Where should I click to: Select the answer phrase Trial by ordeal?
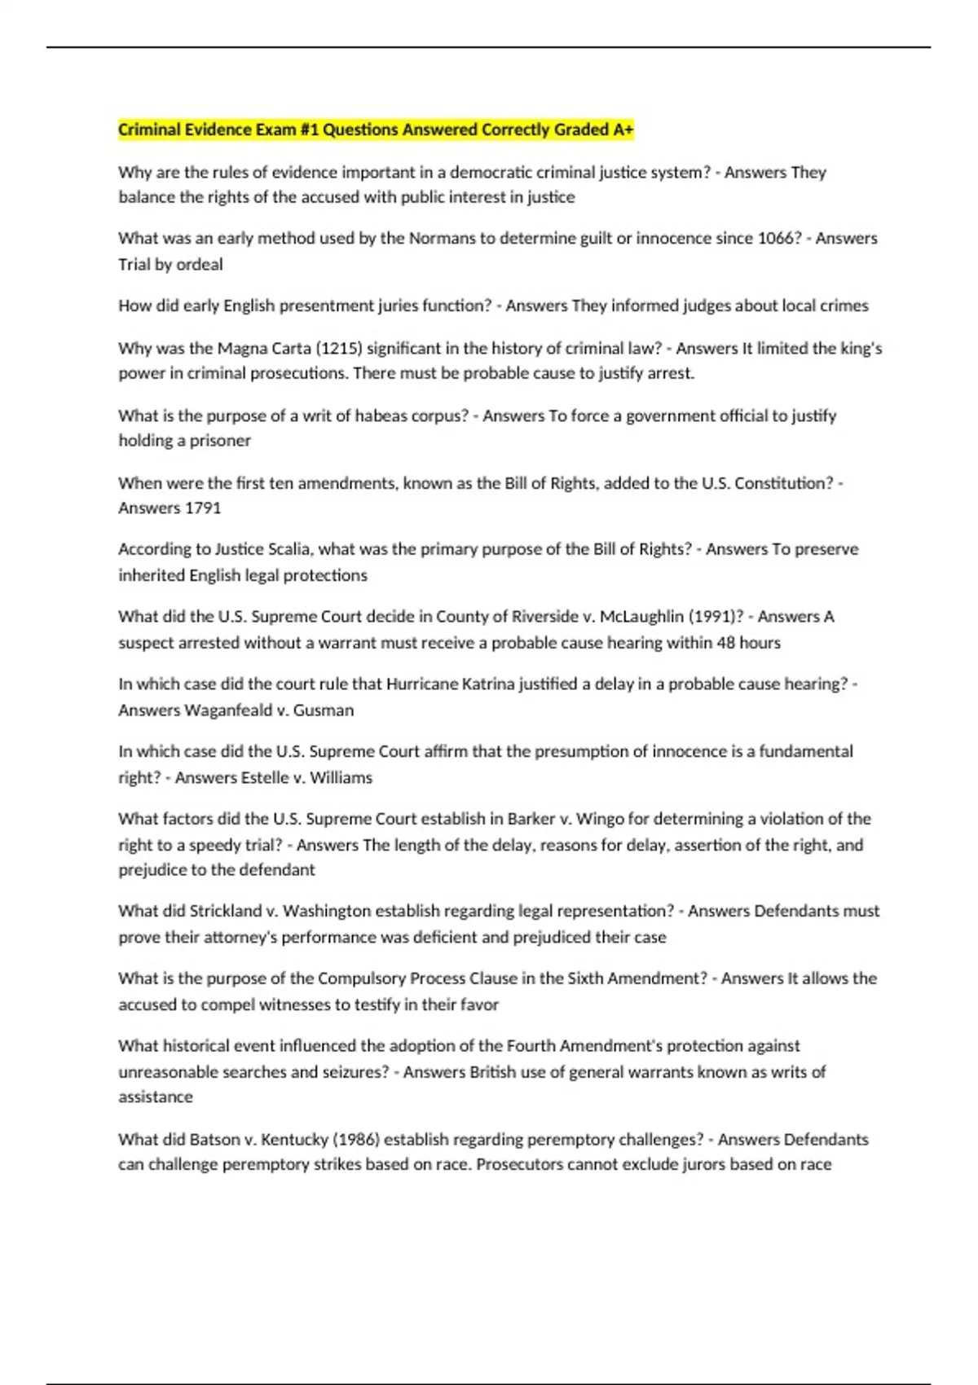(x=170, y=265)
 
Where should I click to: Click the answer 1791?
(x=203, y=508)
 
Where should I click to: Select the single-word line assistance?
(x=156, y=1097)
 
